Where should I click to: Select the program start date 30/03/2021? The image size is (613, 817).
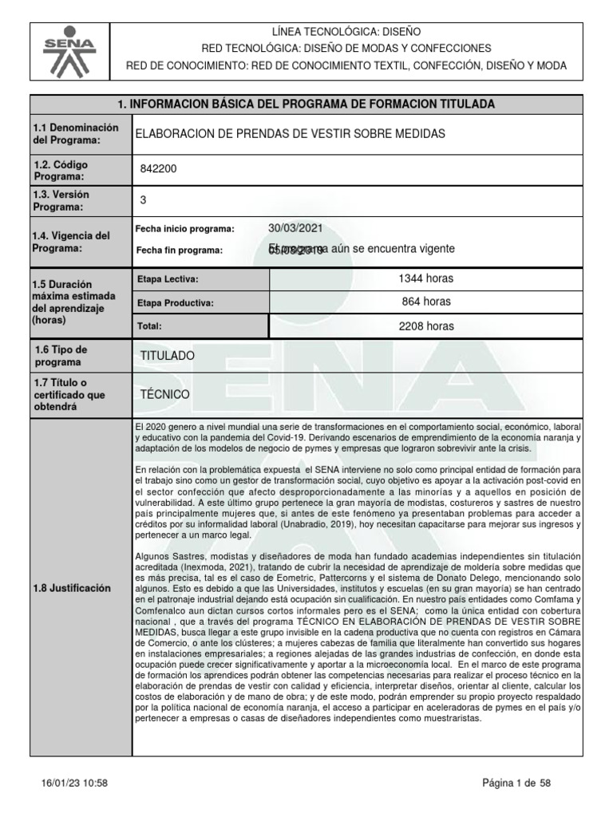point(295,228)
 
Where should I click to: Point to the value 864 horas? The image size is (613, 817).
point(426,302)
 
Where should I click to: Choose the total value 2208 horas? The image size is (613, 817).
point(426,326)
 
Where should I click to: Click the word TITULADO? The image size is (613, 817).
point(166,355)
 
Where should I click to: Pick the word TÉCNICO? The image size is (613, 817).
point(164,394)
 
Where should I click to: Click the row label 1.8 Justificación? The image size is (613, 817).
point(70,588)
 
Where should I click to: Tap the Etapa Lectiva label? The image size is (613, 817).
point(168,279)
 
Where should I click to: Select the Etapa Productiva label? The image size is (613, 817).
point(176,303)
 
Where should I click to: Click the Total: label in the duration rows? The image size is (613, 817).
point(150,326)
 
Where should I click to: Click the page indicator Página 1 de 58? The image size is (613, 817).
point(516,783)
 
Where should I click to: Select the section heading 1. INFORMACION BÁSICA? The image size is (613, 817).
point(306,105)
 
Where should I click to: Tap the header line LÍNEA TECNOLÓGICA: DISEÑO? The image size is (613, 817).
point(346,31)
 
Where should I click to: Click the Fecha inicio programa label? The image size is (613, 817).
point(185,230)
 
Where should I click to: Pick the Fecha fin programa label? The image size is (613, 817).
point(179,250)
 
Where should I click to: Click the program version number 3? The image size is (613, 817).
point(143,200)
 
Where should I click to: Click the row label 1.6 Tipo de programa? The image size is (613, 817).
point(60,356)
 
